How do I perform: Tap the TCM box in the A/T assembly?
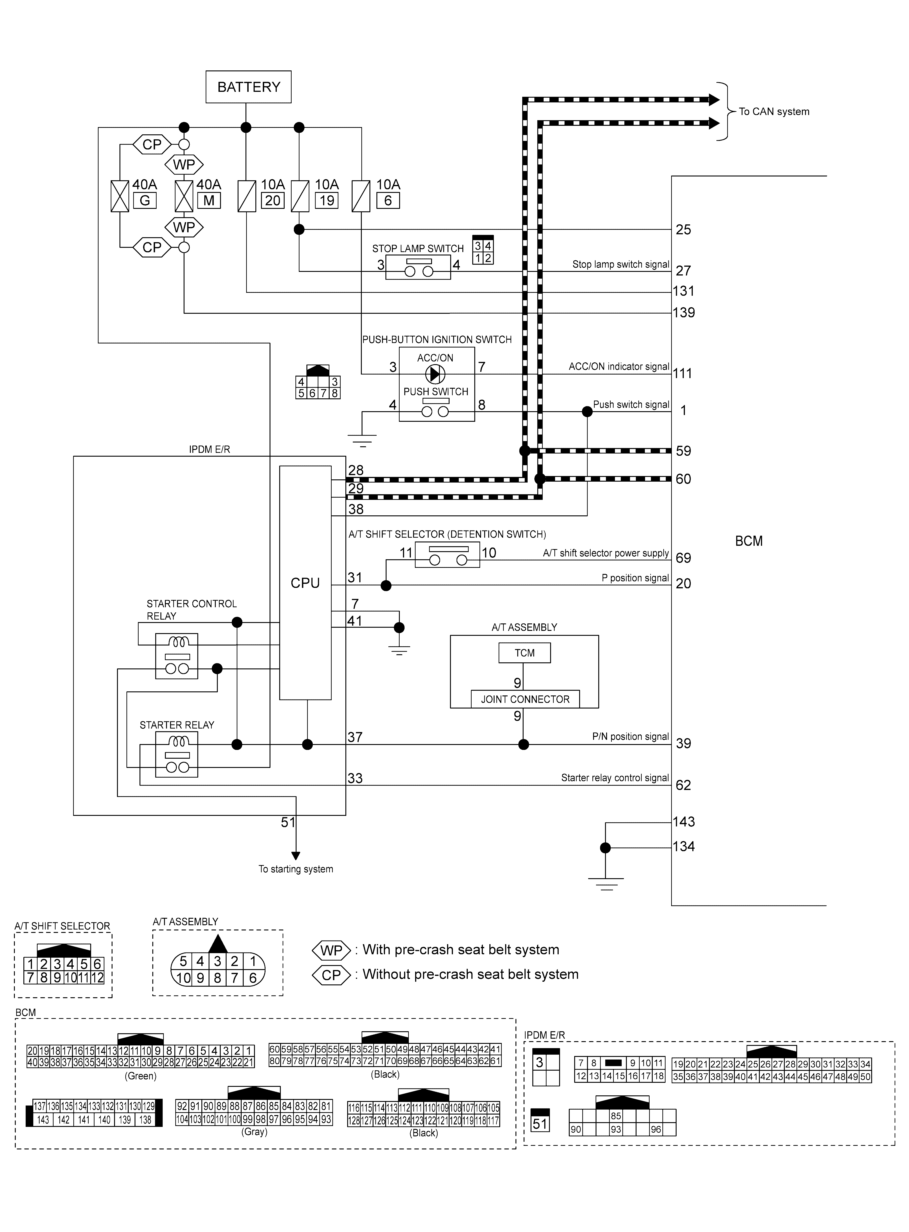tap(524, 653)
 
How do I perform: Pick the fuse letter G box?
tap(145, 201)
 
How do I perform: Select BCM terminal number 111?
tap(682, 374)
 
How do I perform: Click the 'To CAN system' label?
tap(774, 112)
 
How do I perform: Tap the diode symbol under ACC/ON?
tap(435, 374)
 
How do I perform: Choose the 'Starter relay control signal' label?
tap(615, 778)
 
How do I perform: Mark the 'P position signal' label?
tap(635, 578)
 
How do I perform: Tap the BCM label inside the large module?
tap(749, 541)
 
